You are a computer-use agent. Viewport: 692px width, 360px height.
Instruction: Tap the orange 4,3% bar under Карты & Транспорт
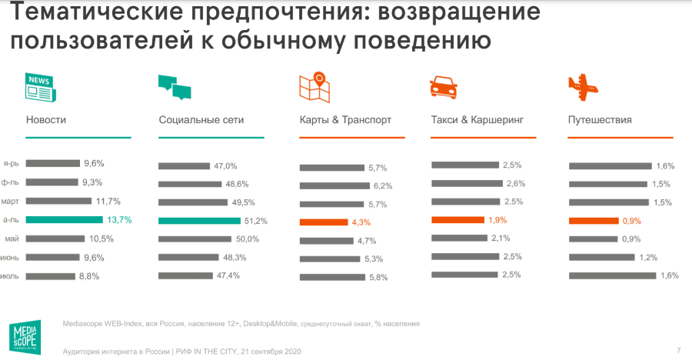pyautogui.click(x=324, y=222)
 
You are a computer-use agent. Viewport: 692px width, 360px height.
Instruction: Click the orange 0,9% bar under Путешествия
pyautogui.click(x=593, y=221)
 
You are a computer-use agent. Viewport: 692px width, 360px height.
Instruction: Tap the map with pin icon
pyautogui.click(x=315, y=86)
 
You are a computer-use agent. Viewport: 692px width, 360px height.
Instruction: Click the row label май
pyautogui.click(x=12, y=238)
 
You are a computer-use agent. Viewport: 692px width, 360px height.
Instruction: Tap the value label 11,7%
pyautogui.click(x=108, y=202)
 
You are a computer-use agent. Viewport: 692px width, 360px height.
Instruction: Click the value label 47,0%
pyautogui.click(x=225, y=166)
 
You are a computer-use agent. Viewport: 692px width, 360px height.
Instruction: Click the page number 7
pyautogui.click(x=678, y=351)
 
